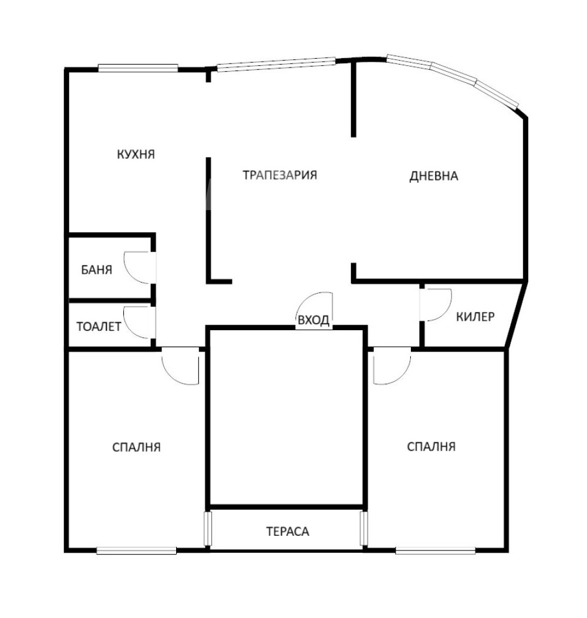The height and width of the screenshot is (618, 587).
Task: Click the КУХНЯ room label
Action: [x=136, y=154]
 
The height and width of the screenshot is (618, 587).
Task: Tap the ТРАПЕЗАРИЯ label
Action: [x=280, y=174]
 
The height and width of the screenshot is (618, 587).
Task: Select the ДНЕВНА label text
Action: [x=434, y=176]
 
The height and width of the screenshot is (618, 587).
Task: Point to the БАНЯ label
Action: [x=96, y=270]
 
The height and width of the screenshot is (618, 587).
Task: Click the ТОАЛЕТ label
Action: [x=99, y=327]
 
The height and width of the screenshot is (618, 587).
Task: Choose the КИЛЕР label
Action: [x=475, y=317]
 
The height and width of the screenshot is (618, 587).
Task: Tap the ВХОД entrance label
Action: [x=313, y=320]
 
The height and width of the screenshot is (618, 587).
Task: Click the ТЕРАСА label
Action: [x=288, y=531]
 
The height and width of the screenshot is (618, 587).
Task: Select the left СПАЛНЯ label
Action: [x=136, y=447]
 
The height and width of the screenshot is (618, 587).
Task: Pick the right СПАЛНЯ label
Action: [x=431, y=446]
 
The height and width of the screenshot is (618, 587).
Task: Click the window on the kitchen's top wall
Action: [x=138, y=68]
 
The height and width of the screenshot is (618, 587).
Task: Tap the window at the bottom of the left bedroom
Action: [x=136, y=550]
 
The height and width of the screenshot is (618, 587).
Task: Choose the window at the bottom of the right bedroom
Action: [x=436, y=550]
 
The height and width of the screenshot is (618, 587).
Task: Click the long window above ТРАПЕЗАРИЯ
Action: [x=276, y=65]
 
